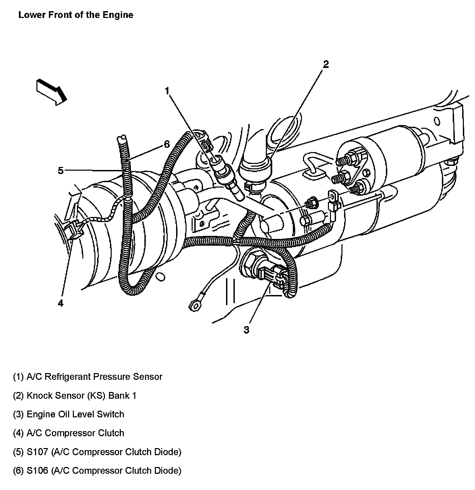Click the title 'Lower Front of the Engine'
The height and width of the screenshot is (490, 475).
tap(76, 15)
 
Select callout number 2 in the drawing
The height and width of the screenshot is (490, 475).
tap(326, 64)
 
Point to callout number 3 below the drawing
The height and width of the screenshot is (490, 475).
tap(247, 330)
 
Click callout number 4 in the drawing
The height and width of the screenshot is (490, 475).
tap(60, 303)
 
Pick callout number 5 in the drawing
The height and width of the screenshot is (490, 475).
tap(60, 171)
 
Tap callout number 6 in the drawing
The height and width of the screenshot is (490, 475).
tap(167, 144)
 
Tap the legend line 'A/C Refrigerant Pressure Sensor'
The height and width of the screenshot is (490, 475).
tap(88, 376)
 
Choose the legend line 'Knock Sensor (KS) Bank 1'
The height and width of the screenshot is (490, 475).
tap(75, 395)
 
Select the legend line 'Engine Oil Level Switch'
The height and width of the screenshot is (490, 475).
tap(68, 414)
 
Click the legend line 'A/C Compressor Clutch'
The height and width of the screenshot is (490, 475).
tap(68, 433)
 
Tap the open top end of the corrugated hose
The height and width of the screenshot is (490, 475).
tap(122, 138)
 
